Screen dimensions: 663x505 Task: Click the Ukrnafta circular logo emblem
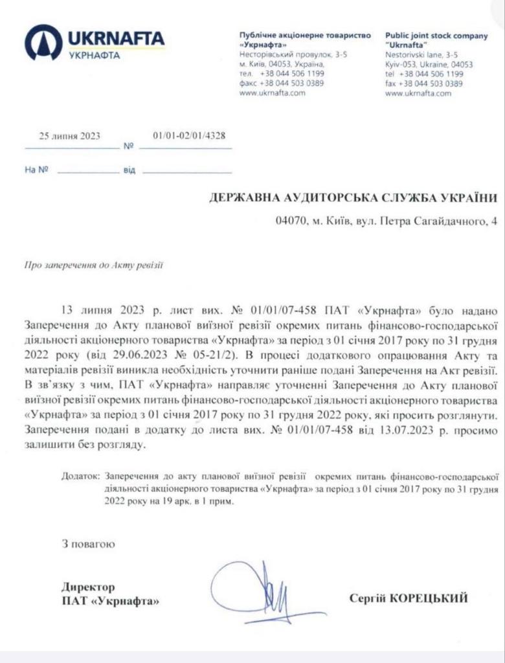43,43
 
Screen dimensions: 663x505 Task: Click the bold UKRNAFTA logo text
116,38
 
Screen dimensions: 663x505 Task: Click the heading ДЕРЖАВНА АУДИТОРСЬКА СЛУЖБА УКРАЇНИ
355,198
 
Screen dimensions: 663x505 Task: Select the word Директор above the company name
88,587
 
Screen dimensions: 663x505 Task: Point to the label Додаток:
81,475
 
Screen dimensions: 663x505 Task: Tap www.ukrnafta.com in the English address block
418,93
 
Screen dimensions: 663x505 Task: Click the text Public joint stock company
436,36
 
